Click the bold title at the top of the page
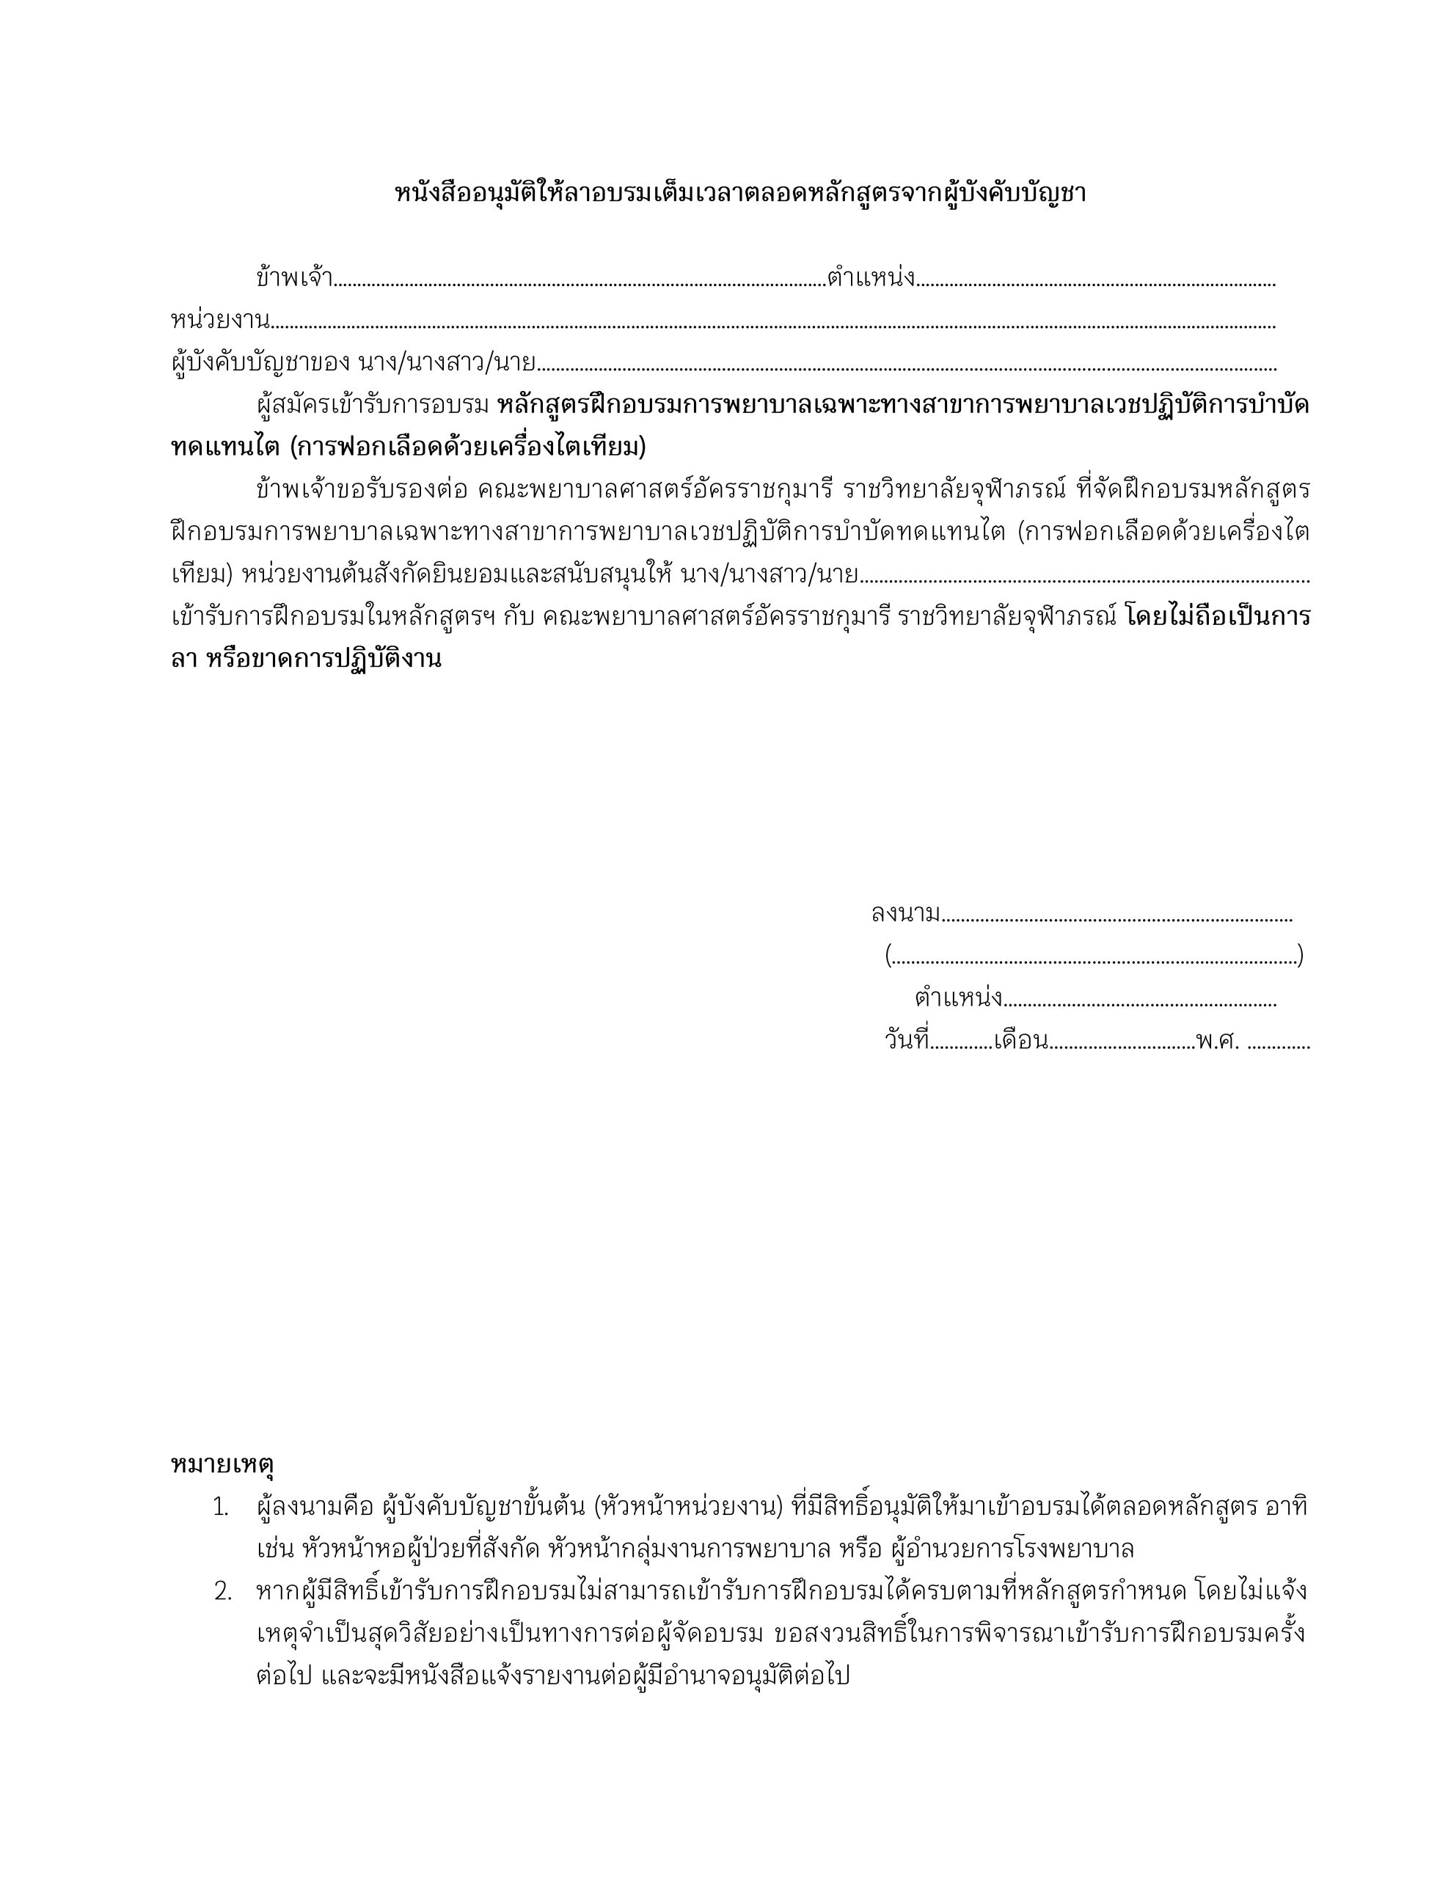(739, 193)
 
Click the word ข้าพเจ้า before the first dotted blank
(293, 278)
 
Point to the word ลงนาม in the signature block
(904, 913)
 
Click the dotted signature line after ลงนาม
(1116, 918)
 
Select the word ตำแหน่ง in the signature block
(958, 998)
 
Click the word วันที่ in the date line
(907, 1040)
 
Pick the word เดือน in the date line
(1020, 1041)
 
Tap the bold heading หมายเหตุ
(222, 1463)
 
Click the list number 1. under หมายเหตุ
(221, 1508)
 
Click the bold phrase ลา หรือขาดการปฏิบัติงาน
(306, 660)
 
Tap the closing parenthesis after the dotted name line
(1301, 955)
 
